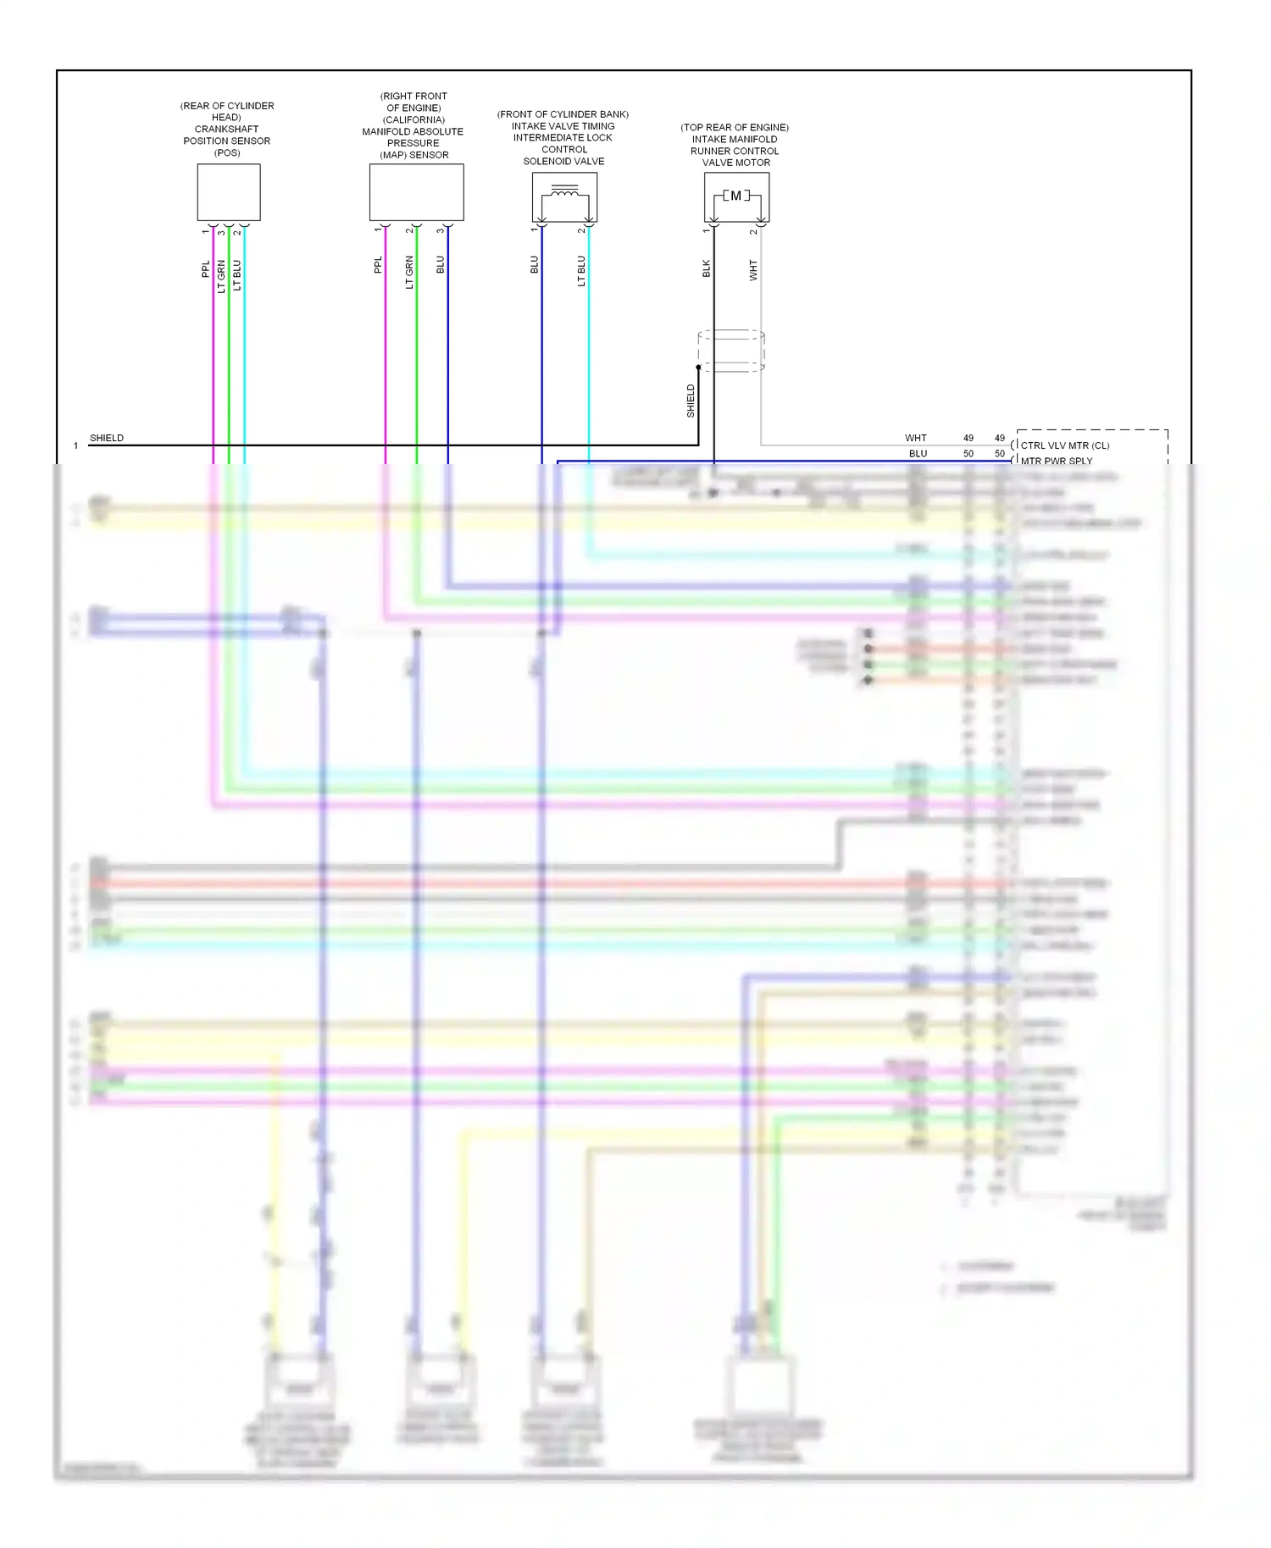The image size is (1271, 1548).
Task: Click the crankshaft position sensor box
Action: click(229, 192)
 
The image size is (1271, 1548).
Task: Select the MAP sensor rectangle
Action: click(416, 192)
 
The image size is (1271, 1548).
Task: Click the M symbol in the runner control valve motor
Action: click(735, 196)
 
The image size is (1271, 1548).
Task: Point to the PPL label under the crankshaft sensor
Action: click(205, 269)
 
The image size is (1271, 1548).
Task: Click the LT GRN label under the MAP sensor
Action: click(409, 272)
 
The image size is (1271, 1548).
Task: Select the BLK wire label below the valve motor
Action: click(706, 268)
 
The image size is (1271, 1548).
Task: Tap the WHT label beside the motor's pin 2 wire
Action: click(752, 270)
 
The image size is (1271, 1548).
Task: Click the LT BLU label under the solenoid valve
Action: click(581, 271)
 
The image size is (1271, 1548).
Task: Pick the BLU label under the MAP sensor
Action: click(440, 265)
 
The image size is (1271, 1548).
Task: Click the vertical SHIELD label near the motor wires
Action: click(691, 401)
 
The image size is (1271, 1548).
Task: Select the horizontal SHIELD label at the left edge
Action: click(107, 438)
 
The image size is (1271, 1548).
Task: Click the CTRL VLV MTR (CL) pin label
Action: click(1064, 445)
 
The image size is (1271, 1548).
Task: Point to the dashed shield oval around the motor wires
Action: click(731, 351)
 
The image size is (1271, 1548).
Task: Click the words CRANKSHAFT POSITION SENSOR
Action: click(226, 135)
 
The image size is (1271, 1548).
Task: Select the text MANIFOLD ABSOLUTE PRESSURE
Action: click(413, 137)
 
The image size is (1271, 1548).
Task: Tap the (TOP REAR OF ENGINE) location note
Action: click(735, 127)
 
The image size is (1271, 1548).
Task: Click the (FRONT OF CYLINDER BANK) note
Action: click(563, 114)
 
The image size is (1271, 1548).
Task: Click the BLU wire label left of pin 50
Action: click(918, 454)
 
